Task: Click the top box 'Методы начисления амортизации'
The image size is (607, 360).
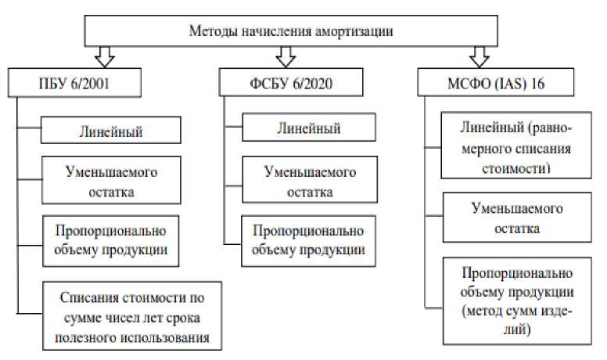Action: pyautogui.click(x=290, y=31)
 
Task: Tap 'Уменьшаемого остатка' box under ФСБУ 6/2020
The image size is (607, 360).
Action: pyautogui.click(x=303, y=180)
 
